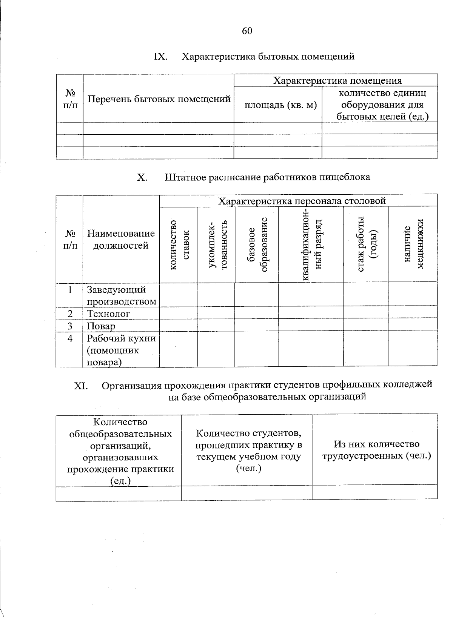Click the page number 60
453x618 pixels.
pyautogui.click(x=247, y=31)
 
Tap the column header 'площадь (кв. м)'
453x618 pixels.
pyautogui.click(x=280, y=105)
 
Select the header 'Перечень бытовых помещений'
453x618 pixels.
pyautogui.click(x=159, y=99)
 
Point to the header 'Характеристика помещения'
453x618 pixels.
pyautogui.click(x=337, y=81)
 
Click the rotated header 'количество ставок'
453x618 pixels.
pyautogui.click(x=179, y=245)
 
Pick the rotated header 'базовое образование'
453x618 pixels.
pyautogui.click(x=257, y=244)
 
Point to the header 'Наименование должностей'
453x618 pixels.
pyautogui.click(x=121, y=240)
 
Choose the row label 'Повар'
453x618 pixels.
pyautogui.click(x=101, y=326)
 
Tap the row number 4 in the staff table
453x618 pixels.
pyautogui.click(x=70, y=338)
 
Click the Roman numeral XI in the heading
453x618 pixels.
pyautogui.click(x=81, y=386)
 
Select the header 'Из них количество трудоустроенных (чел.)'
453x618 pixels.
pyautogui.click(x=376, y=450)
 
